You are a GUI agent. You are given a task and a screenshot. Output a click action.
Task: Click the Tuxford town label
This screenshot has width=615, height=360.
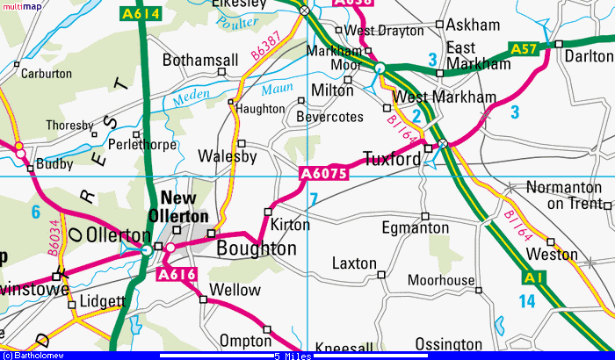[x=392, y=160]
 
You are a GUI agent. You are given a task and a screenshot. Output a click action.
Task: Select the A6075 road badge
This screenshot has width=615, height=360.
[x=323, y=174]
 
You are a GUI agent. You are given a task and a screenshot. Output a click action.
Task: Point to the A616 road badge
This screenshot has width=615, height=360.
[x=175, y=275]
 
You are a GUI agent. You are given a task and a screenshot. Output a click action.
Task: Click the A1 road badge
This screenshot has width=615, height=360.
[x=531, y=278]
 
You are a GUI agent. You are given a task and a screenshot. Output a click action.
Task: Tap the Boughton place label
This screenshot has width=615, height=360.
[x=257, y=248]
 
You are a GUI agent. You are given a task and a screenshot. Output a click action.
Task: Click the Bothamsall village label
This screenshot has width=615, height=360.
[x=200, y=61]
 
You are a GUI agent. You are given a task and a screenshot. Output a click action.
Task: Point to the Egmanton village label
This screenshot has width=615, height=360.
[x=416, y=228]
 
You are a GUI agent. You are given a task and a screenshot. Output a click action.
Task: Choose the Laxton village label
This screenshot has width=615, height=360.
[x=354, y=263]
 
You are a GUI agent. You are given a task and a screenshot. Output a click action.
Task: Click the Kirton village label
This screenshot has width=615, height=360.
[x=290, y=225]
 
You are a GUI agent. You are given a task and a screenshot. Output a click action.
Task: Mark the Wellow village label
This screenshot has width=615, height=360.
[x=236, y=290]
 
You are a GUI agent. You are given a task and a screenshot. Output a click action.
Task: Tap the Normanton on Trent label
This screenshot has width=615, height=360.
[x=566, y=195]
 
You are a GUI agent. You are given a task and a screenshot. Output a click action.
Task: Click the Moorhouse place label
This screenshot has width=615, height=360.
[x=441, y=281]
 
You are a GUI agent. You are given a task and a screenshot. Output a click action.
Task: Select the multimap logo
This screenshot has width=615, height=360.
[x=19, y=6]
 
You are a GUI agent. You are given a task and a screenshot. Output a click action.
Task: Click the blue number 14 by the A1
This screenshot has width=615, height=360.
[x=526, y=301]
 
